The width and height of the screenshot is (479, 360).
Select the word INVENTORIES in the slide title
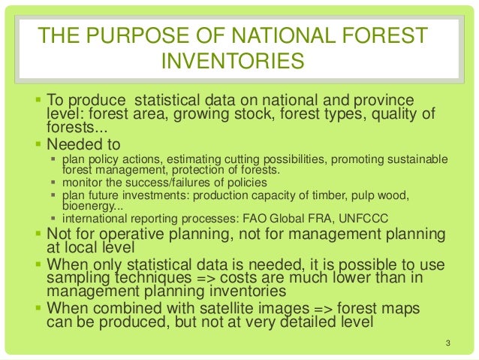(233, 60)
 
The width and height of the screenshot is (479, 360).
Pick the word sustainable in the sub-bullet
(420, 159)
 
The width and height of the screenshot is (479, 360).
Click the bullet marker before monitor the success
(53, 183)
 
